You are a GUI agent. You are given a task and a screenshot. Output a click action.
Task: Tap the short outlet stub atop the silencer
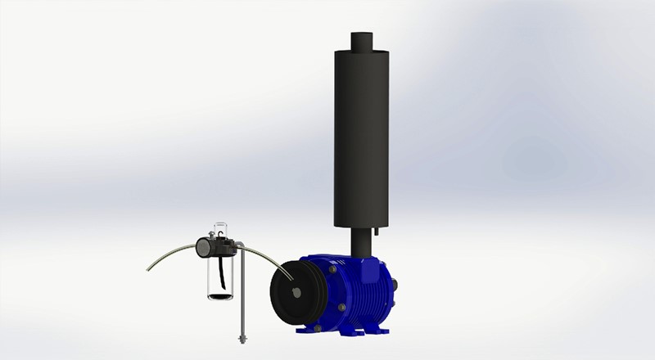362,41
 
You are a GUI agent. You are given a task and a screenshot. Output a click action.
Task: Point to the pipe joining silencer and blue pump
361,241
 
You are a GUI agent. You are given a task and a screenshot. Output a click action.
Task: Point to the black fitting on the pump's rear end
395,284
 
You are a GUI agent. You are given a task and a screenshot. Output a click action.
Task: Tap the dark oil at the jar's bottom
219,295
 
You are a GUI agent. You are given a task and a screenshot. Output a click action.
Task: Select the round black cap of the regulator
204,248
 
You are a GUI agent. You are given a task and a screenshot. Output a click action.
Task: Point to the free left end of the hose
149,268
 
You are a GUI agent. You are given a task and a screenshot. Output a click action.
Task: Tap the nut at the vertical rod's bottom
242,337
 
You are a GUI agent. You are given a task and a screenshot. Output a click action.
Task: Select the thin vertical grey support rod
242,295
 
